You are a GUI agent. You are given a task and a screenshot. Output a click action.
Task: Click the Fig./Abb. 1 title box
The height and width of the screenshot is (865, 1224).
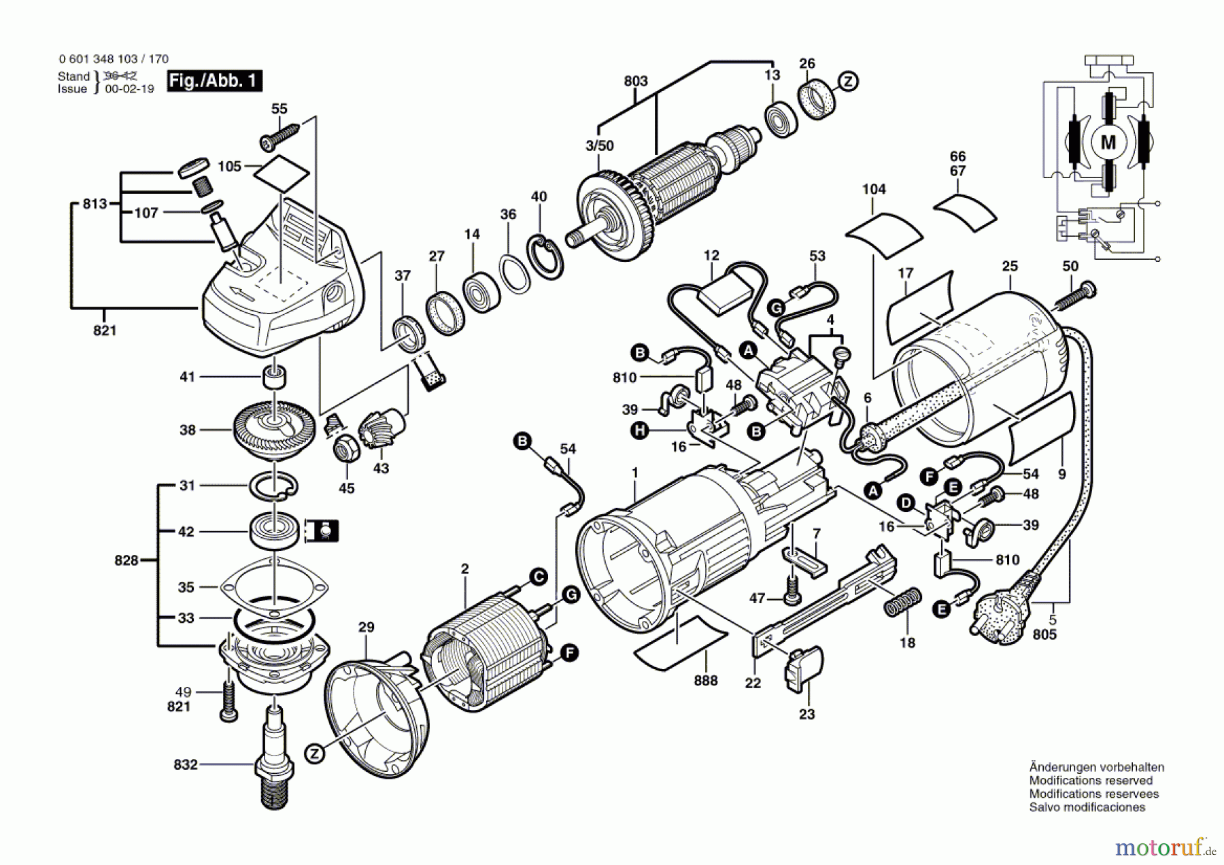click(214, 81)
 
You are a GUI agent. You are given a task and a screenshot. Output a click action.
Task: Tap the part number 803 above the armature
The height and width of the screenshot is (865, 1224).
click(636, 81)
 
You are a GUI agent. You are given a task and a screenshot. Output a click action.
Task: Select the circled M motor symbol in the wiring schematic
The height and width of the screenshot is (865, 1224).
click(1108, 142)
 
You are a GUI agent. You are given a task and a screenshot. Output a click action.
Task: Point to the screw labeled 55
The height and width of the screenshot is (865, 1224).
click(279, 135)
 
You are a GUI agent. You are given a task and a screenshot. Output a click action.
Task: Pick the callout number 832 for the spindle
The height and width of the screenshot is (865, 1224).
click(186, 764)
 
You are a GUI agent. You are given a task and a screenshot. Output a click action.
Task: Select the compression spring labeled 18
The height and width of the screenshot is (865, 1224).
click(903, 601)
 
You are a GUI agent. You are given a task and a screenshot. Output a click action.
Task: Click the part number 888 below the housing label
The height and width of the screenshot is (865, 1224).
click(706, 680)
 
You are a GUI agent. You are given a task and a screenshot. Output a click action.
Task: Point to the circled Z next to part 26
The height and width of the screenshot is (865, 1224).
click(848, 82)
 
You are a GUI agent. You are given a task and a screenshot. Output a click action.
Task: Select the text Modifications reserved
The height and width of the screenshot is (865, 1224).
click(1091, 781)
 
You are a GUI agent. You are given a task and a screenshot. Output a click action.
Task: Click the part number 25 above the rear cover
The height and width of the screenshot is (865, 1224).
click(1010, 266)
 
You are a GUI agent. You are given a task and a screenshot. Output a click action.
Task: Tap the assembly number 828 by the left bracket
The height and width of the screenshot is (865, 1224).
click(126, 560)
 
